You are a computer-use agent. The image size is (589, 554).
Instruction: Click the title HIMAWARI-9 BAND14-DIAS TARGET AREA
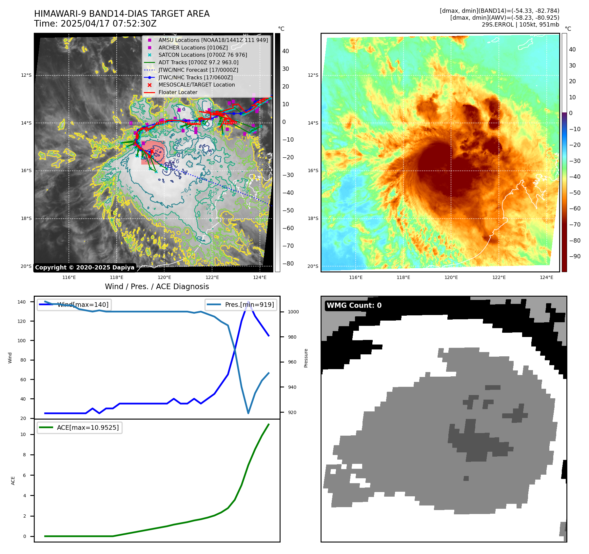click(x=122, y=14)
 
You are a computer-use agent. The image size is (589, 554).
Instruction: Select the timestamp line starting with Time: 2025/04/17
click(x=95, y=24)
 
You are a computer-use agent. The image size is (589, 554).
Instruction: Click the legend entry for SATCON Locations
click(x=203, y=55)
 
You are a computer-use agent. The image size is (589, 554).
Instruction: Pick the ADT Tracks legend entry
click(x=198, y=62)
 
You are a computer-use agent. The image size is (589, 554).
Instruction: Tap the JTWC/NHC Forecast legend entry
click(x=198, y=70)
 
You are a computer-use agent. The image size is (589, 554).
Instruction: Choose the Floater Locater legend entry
click(x=178, y=92)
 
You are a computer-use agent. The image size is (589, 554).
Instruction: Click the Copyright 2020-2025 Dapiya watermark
click(x=85, y=267)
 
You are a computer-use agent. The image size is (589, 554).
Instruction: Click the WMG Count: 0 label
click(x=354, y=306)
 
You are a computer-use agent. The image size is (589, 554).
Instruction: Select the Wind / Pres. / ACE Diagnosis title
click(x=157, y=287)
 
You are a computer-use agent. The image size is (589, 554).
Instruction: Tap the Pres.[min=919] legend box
click(x=241, y=305)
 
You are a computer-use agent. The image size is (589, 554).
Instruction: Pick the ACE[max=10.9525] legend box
click(x=80, y=427)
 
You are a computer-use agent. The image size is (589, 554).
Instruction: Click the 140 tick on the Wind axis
click(x=22, y=302)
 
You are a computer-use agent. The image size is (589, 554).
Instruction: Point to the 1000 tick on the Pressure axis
click(x=293, y=312)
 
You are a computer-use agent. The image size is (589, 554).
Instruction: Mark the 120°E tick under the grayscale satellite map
click(x=164, y=278)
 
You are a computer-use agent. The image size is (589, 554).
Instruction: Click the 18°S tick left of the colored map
click(x=313, y=218)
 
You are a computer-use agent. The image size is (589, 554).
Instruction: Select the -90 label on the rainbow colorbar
click(x=575, y=256)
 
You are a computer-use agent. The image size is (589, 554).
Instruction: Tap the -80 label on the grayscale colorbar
click(x=288, y=264)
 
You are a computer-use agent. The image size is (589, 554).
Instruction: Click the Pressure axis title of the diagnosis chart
click(x=306, y=358)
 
